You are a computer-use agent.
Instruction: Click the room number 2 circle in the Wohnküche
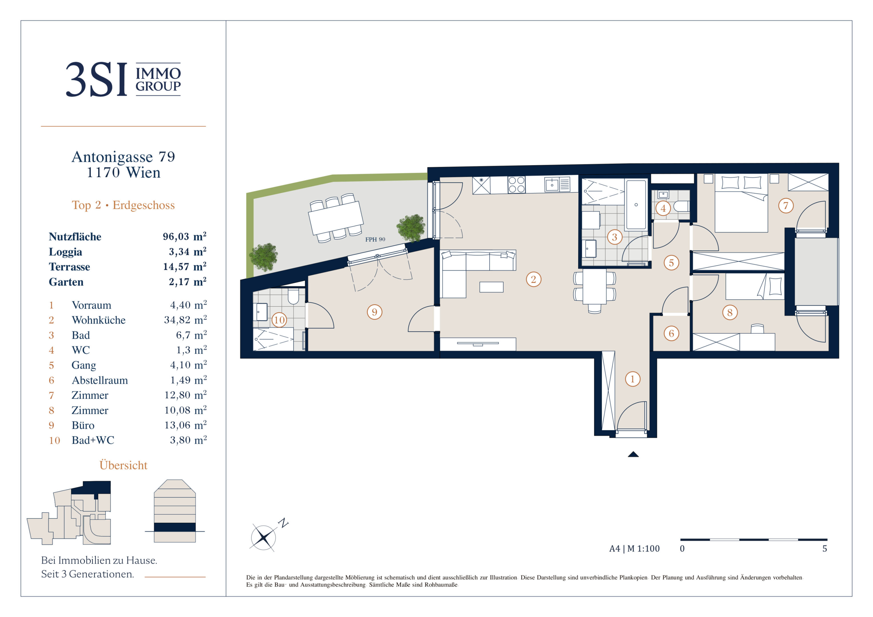pyautogui.click(x=533, y=279)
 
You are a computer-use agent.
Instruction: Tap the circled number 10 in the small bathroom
pyautogui.click(x=279, y=320)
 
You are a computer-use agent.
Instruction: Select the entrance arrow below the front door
pyautogui.click(x=633, y=454)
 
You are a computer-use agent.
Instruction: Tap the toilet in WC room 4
pyautogui.click(x=681, y=207)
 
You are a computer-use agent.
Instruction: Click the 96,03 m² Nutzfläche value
pyautogui.click(x=185, y=237)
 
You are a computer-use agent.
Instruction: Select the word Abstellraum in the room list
pyautogui.click(x=100, y=380)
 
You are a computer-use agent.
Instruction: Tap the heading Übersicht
pyautogui.click(x=123, y=465)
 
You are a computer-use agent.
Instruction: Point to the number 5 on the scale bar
pyautogui.click(x=825, y=548)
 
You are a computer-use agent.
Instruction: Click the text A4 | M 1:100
pyautogui.click(x=634, y=548)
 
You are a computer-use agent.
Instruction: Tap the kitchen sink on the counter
pyautogui.click(x=552, y=185)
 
